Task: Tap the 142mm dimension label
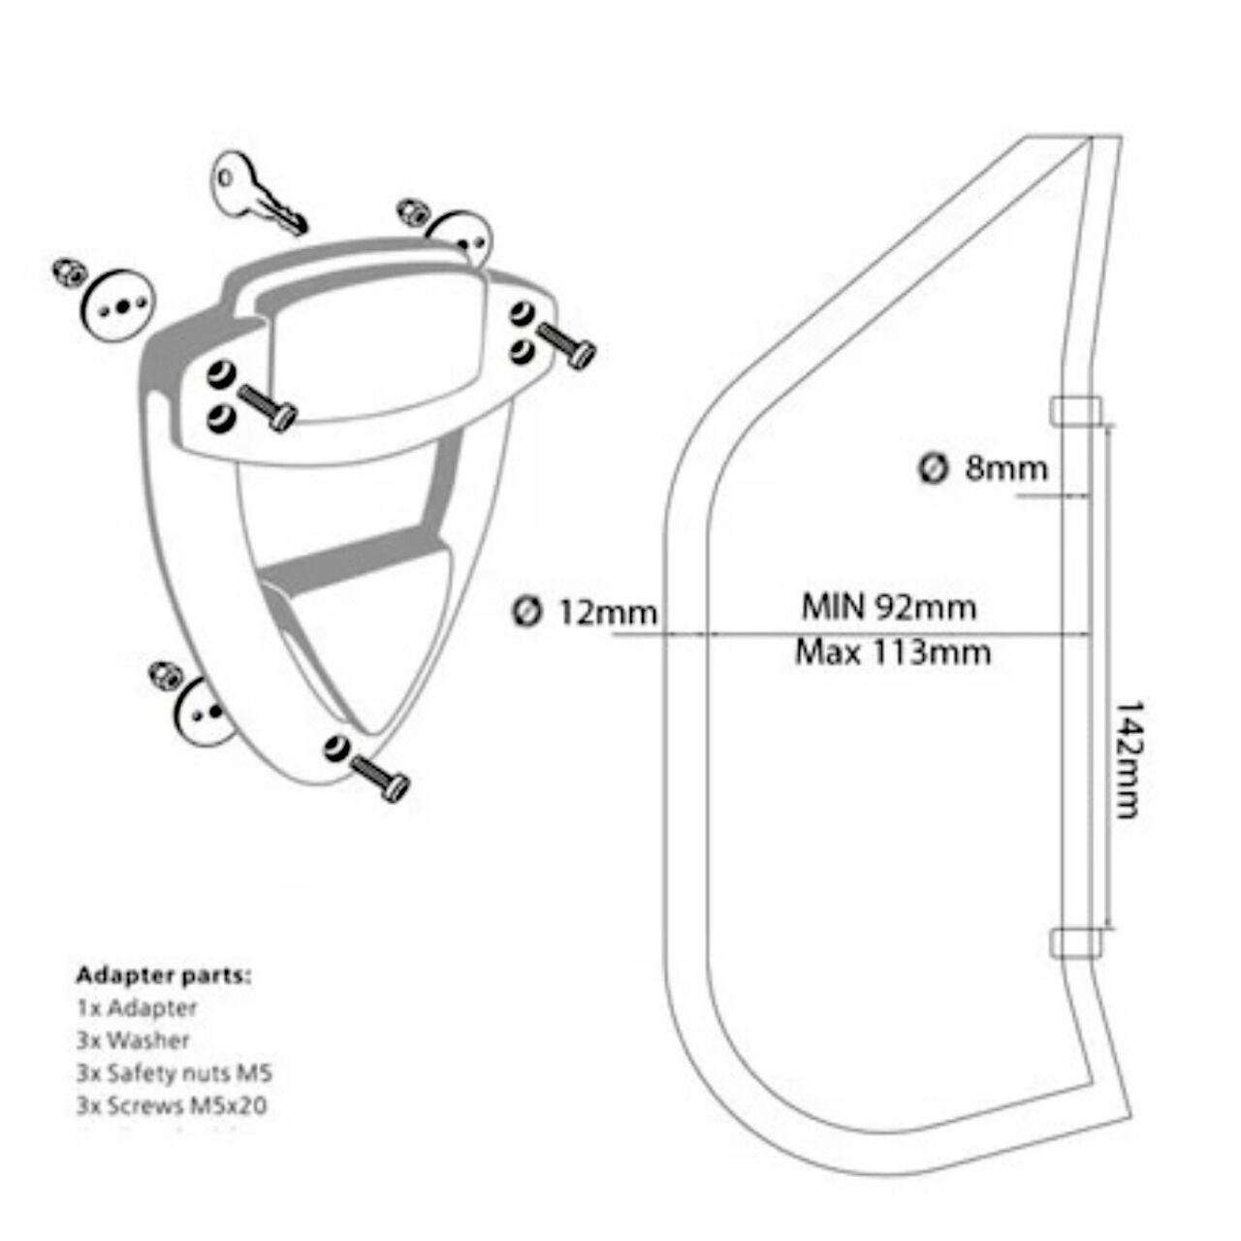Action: [1126, 760]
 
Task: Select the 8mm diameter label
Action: [1005, 469]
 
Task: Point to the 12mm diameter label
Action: [607, 613]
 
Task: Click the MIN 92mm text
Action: [888, 608]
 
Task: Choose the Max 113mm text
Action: [893, 652]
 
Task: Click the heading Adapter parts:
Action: [163, 975]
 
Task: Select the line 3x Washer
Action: [133, 1040]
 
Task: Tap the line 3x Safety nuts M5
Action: [175, 1073]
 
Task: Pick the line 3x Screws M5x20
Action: [171, 1105]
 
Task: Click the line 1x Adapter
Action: [137, 1008]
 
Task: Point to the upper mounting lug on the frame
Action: [1075, 410]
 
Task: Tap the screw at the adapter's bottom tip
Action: [379, 775]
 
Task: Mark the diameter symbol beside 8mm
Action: [932, 468]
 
